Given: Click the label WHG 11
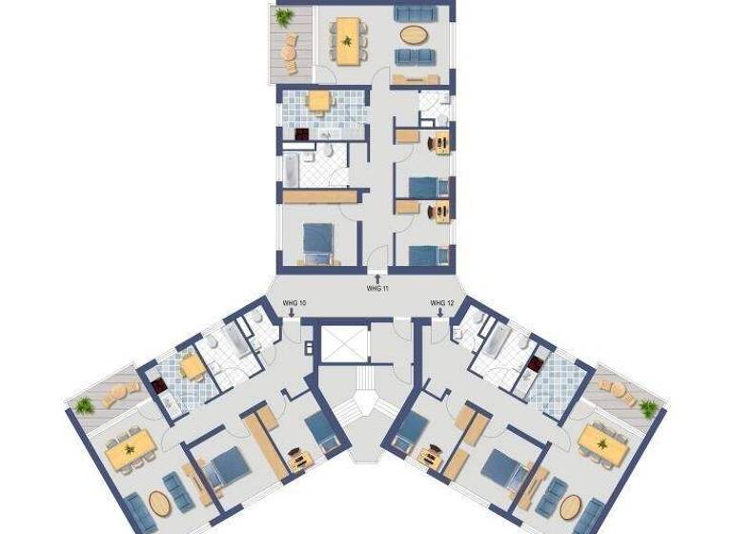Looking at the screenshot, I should tap(377, 287).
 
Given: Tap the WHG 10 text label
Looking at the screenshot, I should tap(295, 303).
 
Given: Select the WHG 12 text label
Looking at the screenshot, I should tap(440, 303).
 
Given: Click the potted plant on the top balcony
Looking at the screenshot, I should tap(284, 16).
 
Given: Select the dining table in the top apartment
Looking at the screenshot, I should tap(348, 40).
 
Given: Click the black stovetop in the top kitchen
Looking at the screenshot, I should tap(303, 134).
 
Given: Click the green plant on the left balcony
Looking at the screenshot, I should tap(84, 405).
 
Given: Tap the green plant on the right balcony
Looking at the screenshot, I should tap(649, 408).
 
